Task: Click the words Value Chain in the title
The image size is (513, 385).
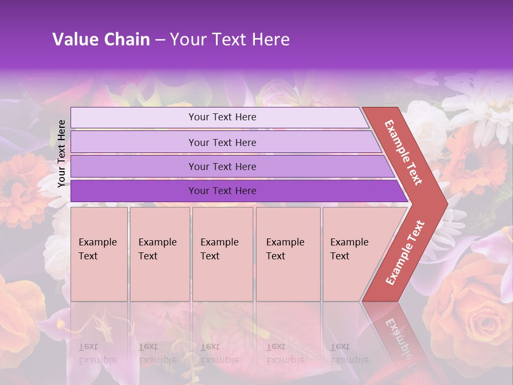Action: [x=101, y=40]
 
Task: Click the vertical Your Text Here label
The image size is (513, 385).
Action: [x=61, y=153]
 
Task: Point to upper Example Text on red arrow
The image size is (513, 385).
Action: [x=403, y=152]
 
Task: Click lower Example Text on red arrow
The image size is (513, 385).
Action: [x=405, y=253]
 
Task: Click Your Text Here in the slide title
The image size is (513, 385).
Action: [x=230, y=40]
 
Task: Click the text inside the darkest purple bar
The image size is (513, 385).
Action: [x=222, y=191]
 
